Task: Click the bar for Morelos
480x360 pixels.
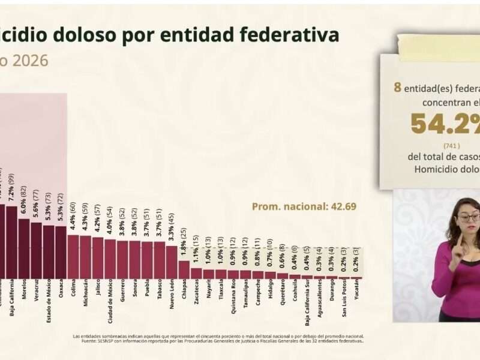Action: (x=24, y=248)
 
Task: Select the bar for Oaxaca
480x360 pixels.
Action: (x=61, y=252)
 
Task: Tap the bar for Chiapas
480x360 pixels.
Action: (x=184, y=269)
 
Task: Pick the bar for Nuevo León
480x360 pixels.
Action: (x=172, y=262)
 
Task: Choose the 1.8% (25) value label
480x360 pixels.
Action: (x=184, y=243)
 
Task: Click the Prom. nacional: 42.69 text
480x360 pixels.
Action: (x=304, y=206)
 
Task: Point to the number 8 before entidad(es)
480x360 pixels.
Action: (x=397, y=88)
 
